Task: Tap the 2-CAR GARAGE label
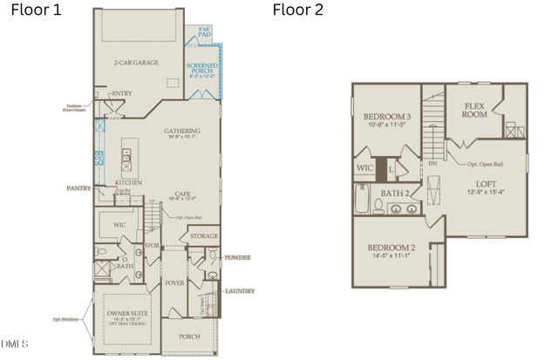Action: [x=135, y=63]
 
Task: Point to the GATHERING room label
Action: [x=182, y=131]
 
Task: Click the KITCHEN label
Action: [x=129, y=182]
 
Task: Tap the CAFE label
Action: [x=182, y=194]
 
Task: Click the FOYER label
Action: [x=174, y=283]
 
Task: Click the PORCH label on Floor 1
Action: [x=189, y=336]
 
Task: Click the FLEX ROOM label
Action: [x=473, y=109]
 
